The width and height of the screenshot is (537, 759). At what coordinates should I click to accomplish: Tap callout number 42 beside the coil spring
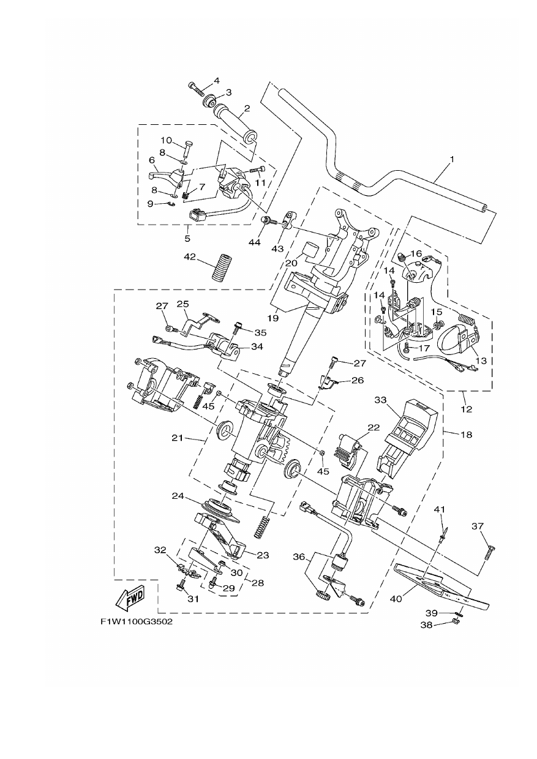coord(190,257)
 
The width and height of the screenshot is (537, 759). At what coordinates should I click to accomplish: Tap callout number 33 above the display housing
coord(380,400)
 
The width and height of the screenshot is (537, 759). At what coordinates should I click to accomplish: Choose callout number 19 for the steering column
coord(273,318)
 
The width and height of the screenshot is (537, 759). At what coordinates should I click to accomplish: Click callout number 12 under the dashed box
coord(467,409)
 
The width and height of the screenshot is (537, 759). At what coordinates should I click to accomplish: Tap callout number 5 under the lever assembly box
coord(187,239)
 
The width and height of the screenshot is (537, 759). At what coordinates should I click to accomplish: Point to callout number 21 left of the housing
coord(178,438)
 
